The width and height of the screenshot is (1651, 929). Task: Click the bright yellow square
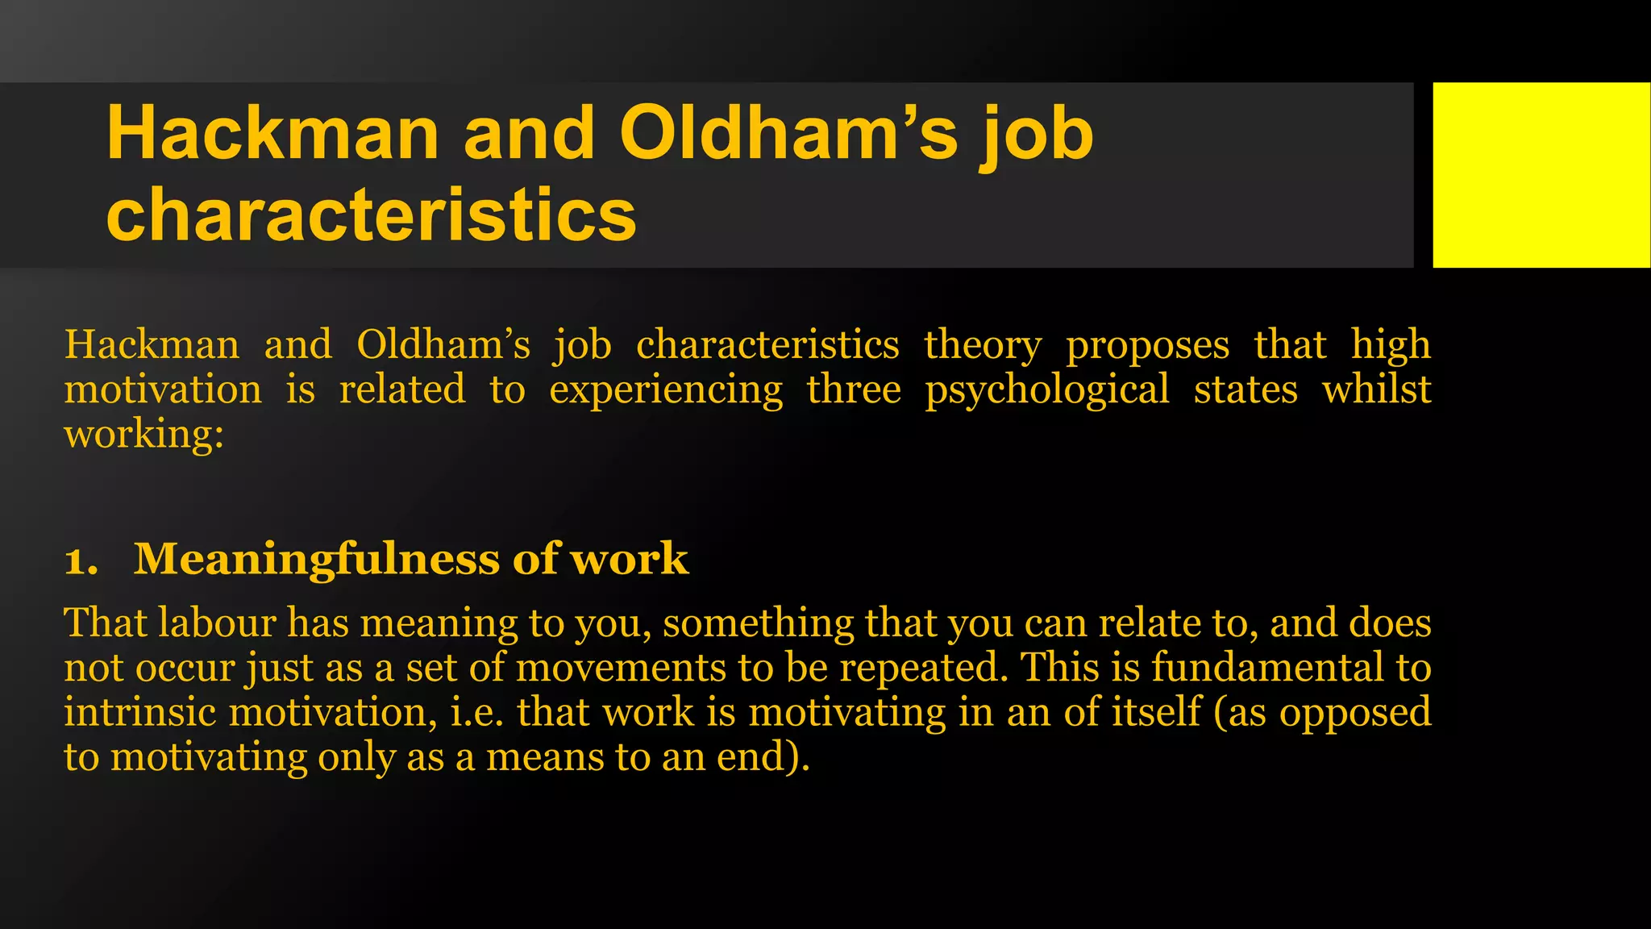(x=1541, y=174)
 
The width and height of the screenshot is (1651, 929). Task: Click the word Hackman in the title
(x=272, y=134)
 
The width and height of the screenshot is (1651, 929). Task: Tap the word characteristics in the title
(x=371, y=215)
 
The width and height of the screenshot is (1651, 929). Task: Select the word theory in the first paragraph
(x=982, y=346)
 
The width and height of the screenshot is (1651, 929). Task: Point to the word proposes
(x=1147, y=346)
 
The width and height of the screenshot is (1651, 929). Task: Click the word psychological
(x=1046, y=390)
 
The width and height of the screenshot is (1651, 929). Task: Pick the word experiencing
(x=666, y=390)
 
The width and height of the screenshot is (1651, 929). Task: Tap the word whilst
(x=1376, y=390)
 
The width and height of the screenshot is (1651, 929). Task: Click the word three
(x=854, y=390)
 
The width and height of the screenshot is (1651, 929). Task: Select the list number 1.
(x=80, y=560)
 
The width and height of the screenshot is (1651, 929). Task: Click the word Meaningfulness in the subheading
(x=316, y=559)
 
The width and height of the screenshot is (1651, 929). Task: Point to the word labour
(x=217, y=623)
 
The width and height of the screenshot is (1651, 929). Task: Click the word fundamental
(x=1267, y=668)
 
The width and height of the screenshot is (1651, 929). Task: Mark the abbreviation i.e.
(x=476, y=712)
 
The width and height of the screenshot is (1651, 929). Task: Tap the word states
(x=1246, y=390)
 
